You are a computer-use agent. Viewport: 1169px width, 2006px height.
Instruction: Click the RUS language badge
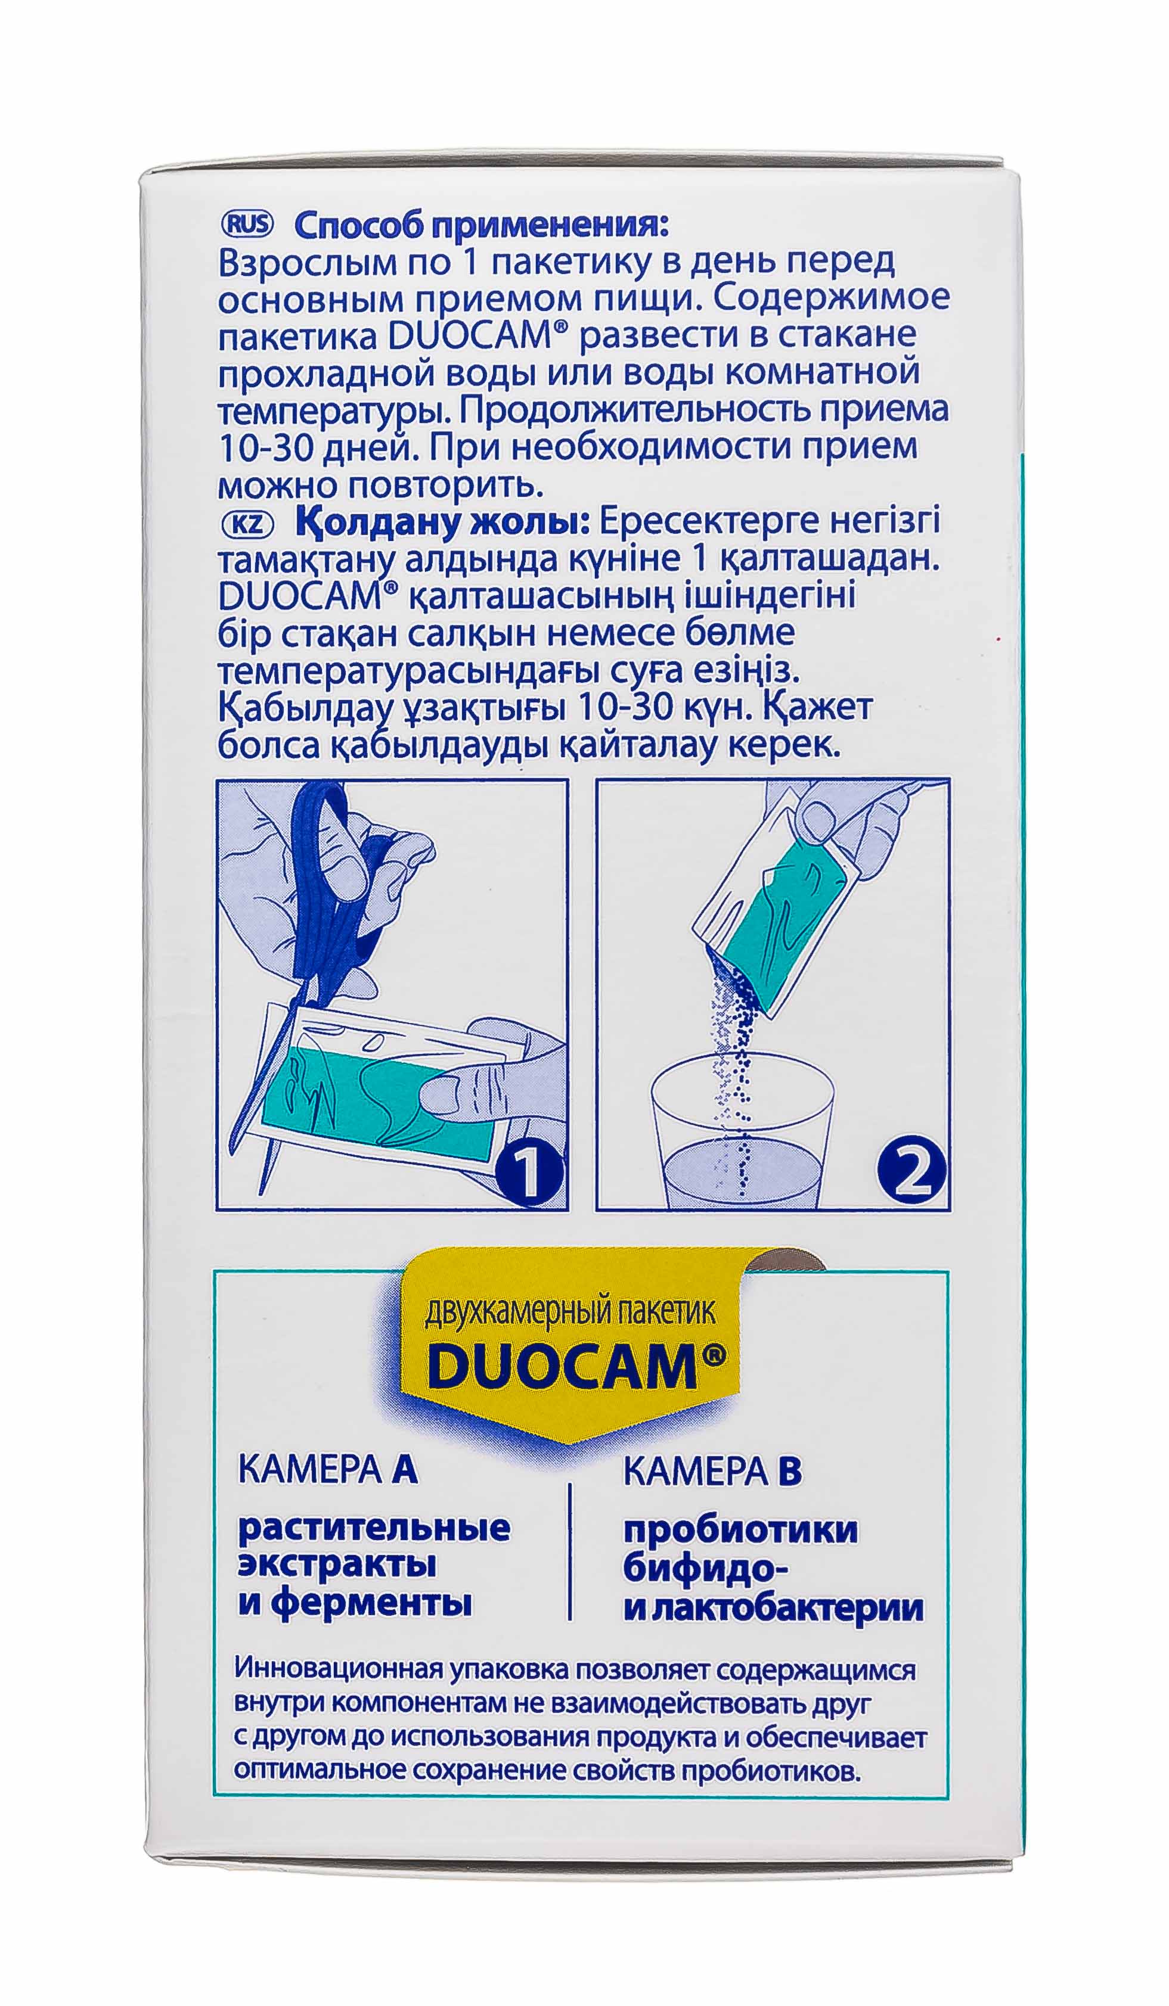246,225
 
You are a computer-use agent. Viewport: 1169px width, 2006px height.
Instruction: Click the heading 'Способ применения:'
481,226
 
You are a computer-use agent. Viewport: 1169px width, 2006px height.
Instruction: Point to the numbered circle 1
529,1170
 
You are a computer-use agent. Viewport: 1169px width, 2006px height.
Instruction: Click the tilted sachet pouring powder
776,916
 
